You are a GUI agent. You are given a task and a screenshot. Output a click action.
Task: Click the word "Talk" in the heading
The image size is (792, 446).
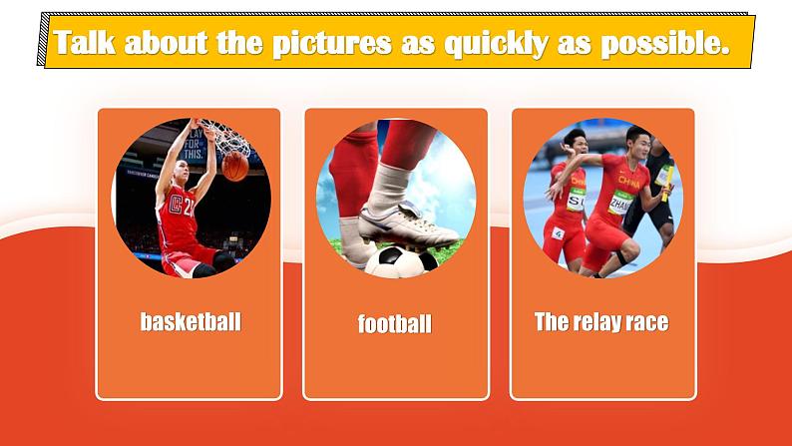coord(85,42)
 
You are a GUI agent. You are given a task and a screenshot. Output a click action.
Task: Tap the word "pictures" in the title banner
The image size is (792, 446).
coord(331,44)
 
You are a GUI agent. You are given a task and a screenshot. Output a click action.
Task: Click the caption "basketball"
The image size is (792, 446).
coord(191,322)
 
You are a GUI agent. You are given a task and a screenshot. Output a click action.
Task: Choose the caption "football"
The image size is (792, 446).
coord(395,323)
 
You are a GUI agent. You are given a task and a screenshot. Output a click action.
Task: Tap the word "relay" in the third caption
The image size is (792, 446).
coord(596,322)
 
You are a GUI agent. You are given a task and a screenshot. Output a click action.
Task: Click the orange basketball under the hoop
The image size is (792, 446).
coord(235,167)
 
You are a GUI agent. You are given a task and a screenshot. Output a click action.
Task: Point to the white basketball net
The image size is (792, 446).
coord(227,137)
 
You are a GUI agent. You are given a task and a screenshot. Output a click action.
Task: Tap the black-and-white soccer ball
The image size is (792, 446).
coord(402,261)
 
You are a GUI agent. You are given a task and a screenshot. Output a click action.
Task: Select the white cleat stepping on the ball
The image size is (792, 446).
coord(407,225)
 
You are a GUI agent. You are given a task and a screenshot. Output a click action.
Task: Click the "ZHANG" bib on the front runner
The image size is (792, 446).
coord(620,204)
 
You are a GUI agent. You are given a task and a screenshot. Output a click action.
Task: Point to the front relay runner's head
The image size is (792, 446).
coord(637,142)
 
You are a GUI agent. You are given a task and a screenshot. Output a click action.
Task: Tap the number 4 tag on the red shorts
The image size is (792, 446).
coord(558,233)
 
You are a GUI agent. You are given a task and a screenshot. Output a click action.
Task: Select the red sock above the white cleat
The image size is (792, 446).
coord(407,142)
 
